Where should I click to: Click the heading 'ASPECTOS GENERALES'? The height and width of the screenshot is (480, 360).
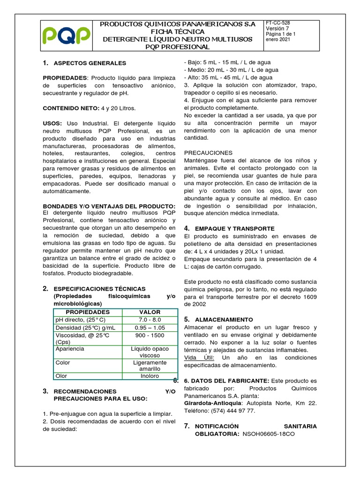coord(90,63)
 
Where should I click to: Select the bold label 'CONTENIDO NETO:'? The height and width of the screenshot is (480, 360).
coord(68,108)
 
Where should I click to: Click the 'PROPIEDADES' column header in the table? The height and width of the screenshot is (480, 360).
coord(88,312)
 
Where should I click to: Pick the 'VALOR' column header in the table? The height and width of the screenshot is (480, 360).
coord(150,312)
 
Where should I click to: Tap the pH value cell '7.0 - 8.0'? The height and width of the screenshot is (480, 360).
coord(150,320)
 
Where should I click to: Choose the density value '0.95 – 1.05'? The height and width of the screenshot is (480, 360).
coord(150,327)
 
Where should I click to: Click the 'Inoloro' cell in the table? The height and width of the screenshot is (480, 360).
coord(150,376)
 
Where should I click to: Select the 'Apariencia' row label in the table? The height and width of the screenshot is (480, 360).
coord(70,349)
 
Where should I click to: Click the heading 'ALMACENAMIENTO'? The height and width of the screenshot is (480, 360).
coord(224,319)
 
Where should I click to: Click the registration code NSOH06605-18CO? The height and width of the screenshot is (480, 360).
coord(269,434)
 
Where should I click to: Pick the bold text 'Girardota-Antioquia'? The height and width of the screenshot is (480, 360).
coord(213,403)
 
